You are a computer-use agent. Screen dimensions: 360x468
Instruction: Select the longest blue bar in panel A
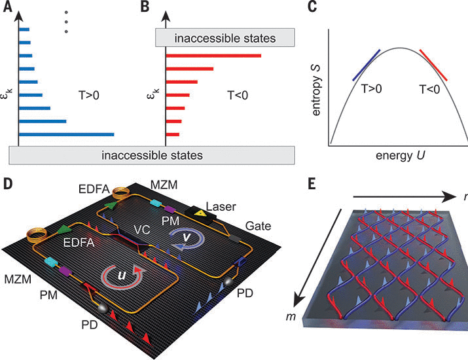click(x=66, y=135)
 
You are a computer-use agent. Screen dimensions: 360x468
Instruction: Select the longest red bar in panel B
click(x=213, y=55)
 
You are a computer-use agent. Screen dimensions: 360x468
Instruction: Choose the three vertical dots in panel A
click(x=65, y=23)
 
